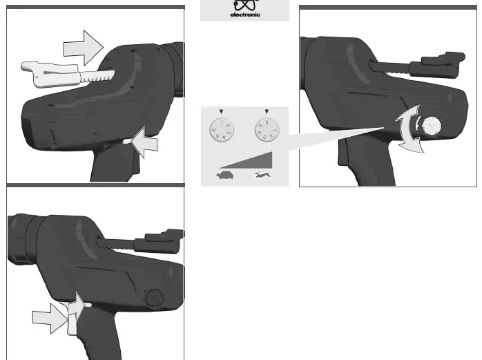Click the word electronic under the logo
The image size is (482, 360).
[245, 15]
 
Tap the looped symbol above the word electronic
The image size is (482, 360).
[244, 5]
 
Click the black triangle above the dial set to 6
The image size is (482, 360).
[267, 111]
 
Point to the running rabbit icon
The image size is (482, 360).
[263, 178]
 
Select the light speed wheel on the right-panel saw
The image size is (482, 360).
[433, 126]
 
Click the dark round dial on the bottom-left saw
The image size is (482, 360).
[154, 298]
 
